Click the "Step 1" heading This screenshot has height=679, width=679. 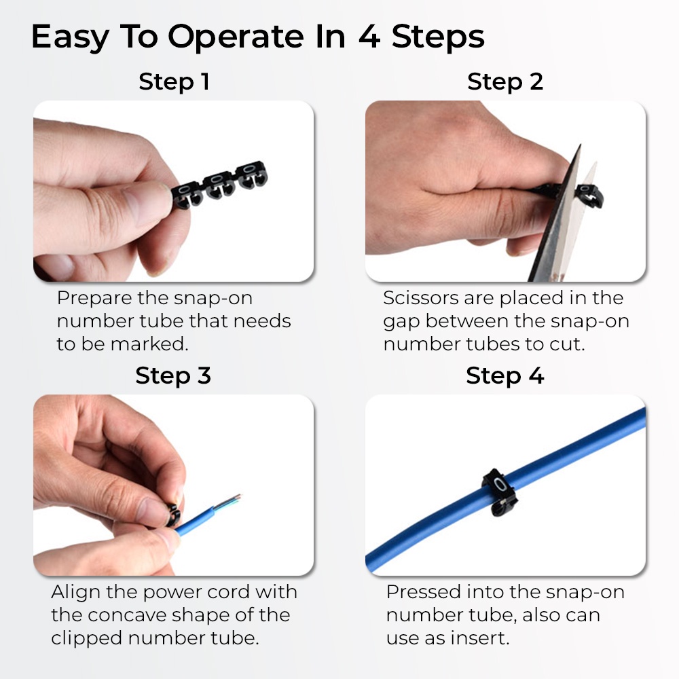pos(174,81)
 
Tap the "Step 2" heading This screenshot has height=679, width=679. pos(505,81)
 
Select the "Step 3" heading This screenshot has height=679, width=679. pos(173,375)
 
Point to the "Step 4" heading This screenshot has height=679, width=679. pos(505,375)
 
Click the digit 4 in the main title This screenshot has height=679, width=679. pos(369,37)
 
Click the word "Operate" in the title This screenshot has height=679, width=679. pos(236,37)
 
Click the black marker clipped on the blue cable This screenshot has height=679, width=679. pos(500,493)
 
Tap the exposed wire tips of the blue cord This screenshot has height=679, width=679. pos(227,500)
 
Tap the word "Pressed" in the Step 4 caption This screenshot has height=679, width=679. pos(424,592)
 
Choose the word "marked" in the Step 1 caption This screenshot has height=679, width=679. pos(150,344)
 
